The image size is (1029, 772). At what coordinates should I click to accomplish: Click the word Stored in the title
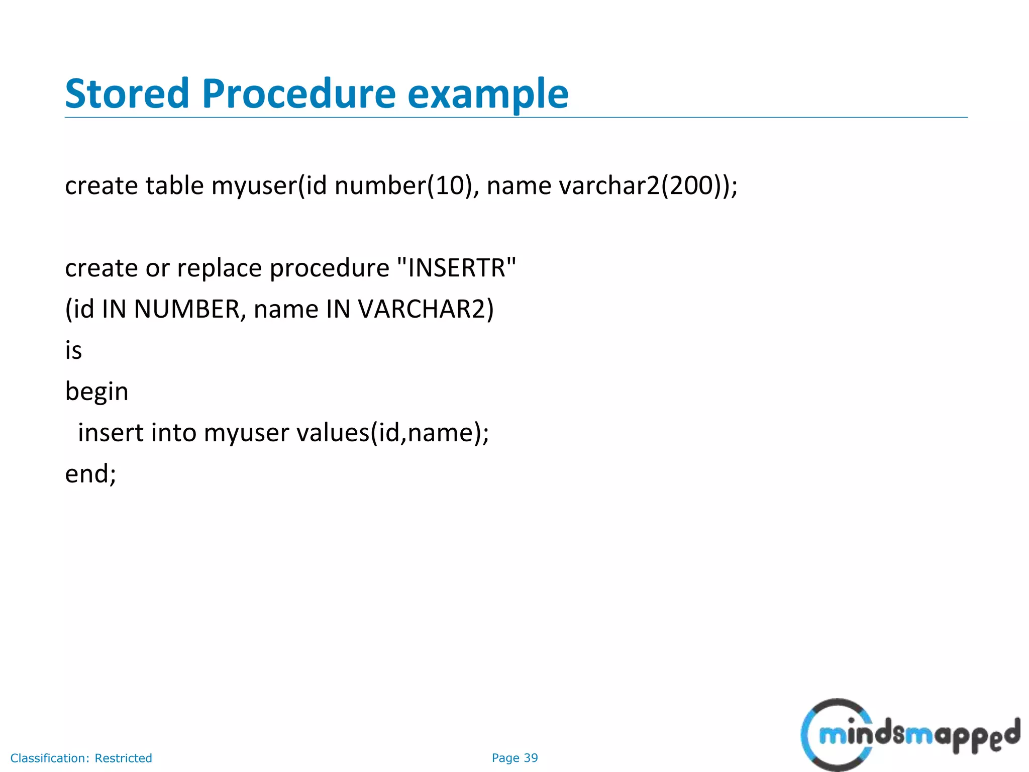pyautogui.click(x=127, y=93)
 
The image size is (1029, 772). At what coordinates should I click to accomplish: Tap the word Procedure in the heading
pyautogui.click(x=299, y=93)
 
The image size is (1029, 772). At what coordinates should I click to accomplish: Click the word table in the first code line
pyautogui.click(x=174, y=185)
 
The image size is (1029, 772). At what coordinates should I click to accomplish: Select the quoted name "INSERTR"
pyautogui.click(x=456, y=267)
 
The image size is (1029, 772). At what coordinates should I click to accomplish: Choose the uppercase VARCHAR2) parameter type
pyautogui.click(x=426, y=309)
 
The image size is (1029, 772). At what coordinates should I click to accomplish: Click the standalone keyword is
pyautogui.click(x=73, y=350)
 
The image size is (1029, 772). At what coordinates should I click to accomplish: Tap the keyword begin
pyautogui.click(x=96, y=392)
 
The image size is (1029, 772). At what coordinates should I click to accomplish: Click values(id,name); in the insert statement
pyautogui.click(x=392, y=433)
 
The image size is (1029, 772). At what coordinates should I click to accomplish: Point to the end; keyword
pyautogui.click(x=90, y=473)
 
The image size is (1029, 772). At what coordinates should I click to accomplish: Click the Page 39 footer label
pyautogui.click(x=514, y=758)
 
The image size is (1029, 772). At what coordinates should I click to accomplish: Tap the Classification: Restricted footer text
pyautogui.click(x=81, y=758)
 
